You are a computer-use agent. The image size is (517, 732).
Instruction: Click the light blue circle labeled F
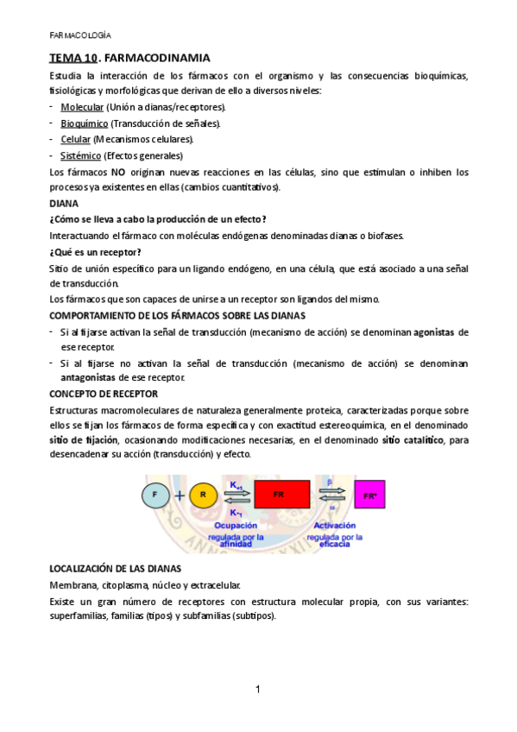click(x=155, y=495)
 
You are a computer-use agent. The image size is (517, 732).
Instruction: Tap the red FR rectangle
click(x=279, y=495)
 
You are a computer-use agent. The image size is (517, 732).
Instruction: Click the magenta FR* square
click(x=370, y=496)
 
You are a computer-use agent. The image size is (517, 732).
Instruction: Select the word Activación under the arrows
click(x=335, y=525)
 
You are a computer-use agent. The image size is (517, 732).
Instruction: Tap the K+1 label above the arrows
click(x=236, y=485)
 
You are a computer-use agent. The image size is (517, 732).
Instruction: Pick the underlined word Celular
click(x=75, y=139)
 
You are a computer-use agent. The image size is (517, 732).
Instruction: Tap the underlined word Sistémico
click(x=80, y=155)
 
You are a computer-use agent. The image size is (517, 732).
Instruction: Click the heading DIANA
click(x=64, y=204)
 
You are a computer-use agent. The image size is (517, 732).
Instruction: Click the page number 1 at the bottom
click(x=258, y=690)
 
